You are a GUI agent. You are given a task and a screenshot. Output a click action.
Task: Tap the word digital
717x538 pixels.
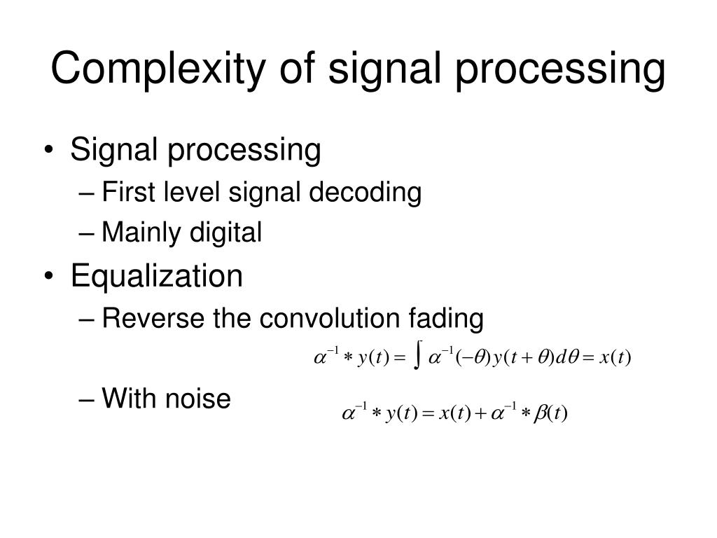[x=228, y=233]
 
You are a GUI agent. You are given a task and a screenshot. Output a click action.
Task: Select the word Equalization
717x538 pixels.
[x=156, y=276]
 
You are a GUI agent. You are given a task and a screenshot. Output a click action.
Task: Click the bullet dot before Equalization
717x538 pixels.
[x=55, y=277]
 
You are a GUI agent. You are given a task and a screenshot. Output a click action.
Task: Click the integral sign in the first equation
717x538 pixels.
[x=417, y=358]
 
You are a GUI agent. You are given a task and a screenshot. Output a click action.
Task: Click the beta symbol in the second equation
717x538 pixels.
[x=540, y=413]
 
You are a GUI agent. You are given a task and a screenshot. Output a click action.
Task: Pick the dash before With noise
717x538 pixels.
[x=90, y=400]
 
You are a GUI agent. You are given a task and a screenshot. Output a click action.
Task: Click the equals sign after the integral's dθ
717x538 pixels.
[x=588, y=359]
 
